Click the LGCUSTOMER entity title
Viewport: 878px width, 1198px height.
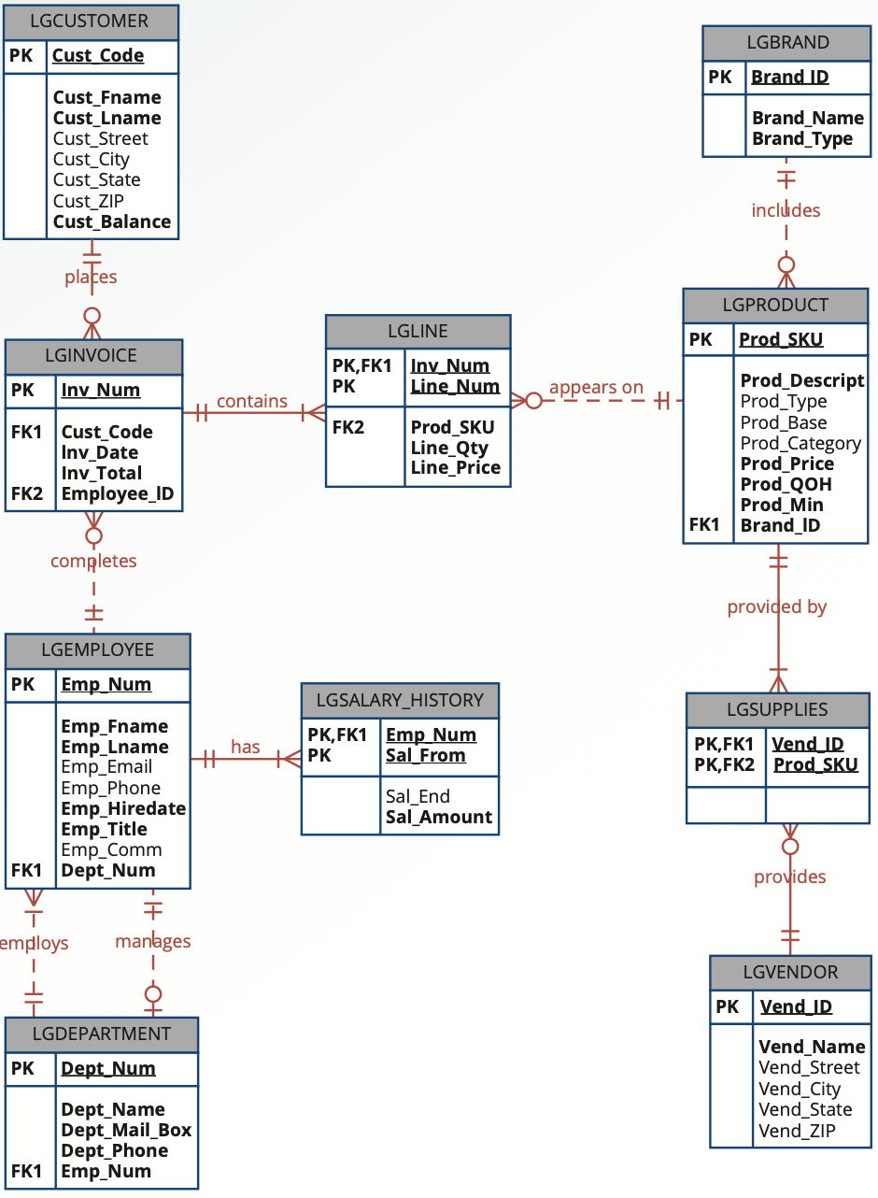coord(90,21)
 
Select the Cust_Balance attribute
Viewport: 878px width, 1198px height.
coord(112,221)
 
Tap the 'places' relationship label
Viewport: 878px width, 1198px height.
coord(91,277)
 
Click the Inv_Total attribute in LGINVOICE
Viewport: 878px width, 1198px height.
coord(102,473)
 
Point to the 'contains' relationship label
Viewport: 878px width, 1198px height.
coord(252,401)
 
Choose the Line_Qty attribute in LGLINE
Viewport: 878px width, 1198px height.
coord(449,448)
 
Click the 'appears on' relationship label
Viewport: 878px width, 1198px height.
coord(596,387)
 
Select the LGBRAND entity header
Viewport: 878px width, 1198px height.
coord(787,42)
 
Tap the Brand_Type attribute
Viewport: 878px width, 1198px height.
coord(802,138)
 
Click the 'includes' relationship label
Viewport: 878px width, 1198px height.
coord(786,210)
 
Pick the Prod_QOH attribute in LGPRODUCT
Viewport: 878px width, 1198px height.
coord(786,484)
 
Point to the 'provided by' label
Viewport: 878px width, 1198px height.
coord(777,606)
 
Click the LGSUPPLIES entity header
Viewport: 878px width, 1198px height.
coord(777,709)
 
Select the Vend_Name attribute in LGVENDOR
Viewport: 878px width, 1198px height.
coord(812,1047)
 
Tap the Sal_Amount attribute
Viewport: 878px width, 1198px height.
coord(439,817)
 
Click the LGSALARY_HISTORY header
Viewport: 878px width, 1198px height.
coord(400,700)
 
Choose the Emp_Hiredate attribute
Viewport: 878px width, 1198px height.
coord(123,808)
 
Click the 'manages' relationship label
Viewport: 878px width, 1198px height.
coord(153,941)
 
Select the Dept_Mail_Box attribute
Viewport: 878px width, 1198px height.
coord(126,1130)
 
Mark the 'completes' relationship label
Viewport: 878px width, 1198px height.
coord(93,561)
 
